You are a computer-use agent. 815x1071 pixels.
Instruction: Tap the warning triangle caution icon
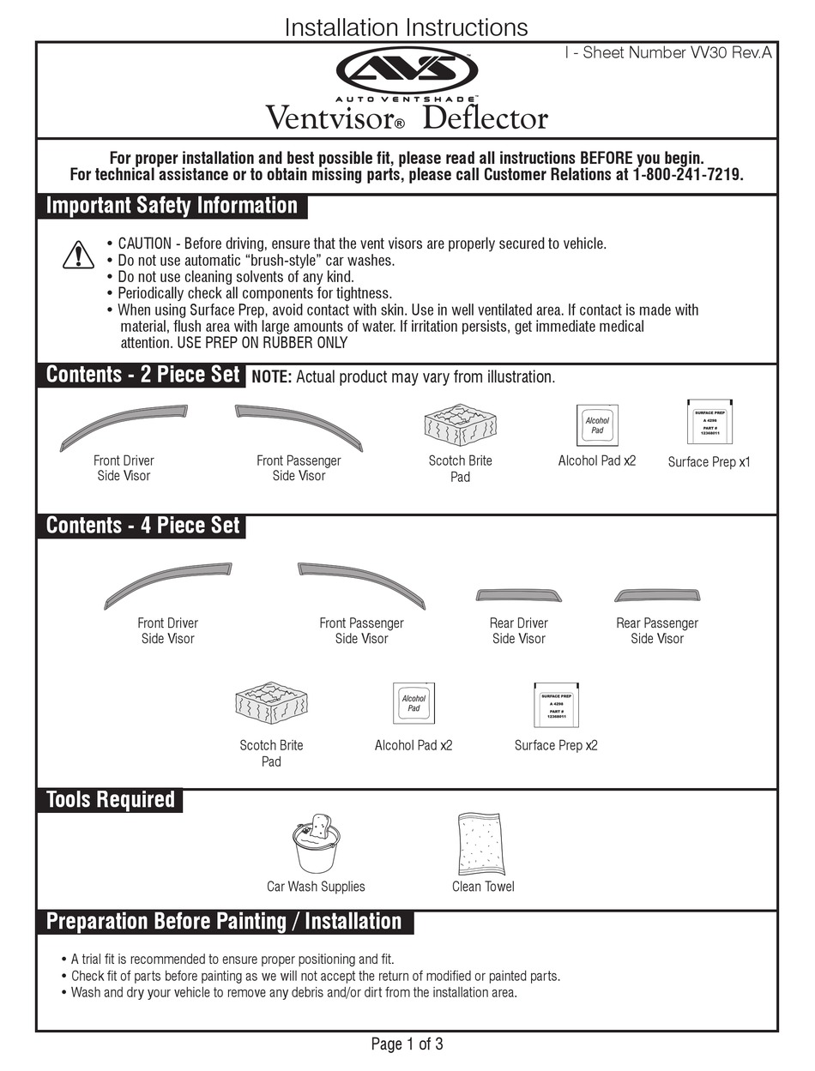pyautogui.click(x=78, y=255)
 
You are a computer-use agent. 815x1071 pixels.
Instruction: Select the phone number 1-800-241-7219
pyautogui.click(x=687, y=175)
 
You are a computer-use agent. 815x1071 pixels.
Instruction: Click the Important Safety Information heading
pyautogui.click(x=172, y=206)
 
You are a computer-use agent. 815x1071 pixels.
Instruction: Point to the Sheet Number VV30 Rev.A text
pyautogui.click(x=668, y=53)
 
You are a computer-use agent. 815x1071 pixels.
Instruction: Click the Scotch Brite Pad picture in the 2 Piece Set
pyautogui.click(x=461, y=424)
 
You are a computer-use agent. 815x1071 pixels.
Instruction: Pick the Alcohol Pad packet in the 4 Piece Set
pyautogui.click(x=414, y=704)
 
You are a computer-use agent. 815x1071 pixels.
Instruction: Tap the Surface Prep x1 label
pyautogui.click(x=709, y=461)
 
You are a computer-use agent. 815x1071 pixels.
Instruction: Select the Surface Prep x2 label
pyautogui.click(x=556, y=745)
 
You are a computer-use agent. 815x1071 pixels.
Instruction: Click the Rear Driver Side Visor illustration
pyautogui.click(x=519, y=596)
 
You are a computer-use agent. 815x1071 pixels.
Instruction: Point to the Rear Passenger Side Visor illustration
pyautogui.click(x=657, y=596)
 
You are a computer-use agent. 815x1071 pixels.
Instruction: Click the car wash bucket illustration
pyautogui.click(x=315, y=843)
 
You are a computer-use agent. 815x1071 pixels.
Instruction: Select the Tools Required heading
pyautogui.click(x=110, y=800)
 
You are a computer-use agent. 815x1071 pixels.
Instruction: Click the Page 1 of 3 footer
pyautogui.click(x=407, y=1044)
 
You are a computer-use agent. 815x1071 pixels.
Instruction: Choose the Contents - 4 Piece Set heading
pyautogui.click(x=142, y=526)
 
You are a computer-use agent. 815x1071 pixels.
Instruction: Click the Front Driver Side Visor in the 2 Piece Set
pyautogui.click(x=124, y=425)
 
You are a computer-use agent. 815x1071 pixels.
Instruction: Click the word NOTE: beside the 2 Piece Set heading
pyautogui.click(x=271, y=377)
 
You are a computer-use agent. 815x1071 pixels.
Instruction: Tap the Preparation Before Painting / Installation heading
pyautogui.click(x=224, y=922)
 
